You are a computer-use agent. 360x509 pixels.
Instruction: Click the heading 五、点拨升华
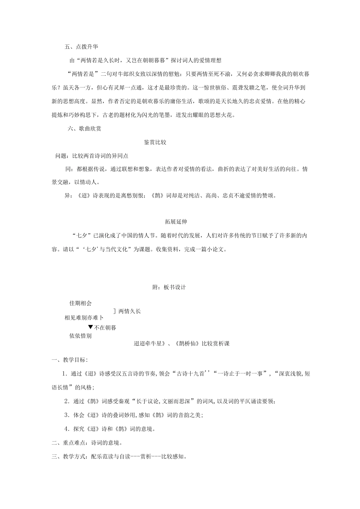(81, 47)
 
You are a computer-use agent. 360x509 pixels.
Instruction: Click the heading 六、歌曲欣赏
(85, 129)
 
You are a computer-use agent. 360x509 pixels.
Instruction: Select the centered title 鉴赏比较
(155, 142)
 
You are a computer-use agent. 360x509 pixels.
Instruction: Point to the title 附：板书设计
(169, 287)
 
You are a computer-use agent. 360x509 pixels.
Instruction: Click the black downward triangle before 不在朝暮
(90, 327)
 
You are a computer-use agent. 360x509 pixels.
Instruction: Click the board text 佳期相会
(80, 303)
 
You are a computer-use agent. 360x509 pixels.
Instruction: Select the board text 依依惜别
(80, 336)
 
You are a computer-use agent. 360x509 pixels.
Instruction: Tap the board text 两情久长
(130, 311)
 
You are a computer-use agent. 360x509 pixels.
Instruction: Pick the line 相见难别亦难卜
(84, 318)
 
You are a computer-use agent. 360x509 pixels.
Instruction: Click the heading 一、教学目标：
(70, 360)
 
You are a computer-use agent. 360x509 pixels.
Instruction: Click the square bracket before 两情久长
(114, 311)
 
